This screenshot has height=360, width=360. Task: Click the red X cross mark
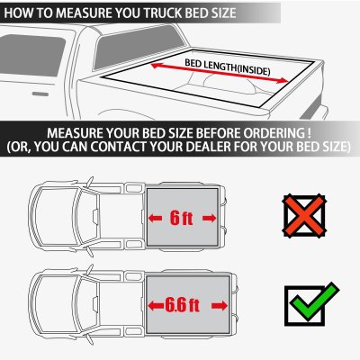[x=306, y=217]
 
